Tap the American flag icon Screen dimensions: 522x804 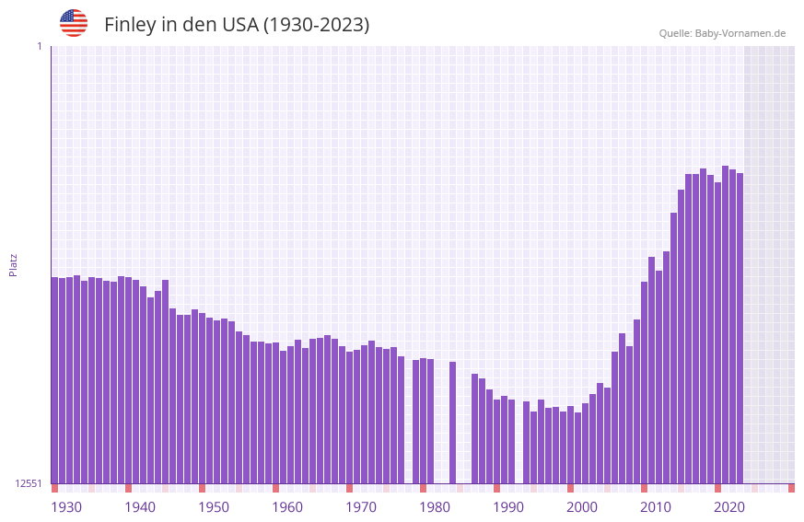(74, 23)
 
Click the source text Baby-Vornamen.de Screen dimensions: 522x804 (740, 33)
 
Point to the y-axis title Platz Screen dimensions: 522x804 (13, 264)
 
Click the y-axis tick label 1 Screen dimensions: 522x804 (39, 46)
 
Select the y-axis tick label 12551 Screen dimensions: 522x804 (29, 483)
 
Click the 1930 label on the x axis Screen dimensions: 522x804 (66, 507)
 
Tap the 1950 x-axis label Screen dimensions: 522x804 (214, 507)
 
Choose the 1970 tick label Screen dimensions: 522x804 (361, 507)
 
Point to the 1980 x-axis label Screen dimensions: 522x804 (435, 507)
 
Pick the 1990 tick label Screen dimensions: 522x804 (508, 507)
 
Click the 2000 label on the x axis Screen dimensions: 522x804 (582, 507)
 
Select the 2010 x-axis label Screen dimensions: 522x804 (656, 507)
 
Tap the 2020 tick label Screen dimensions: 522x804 (729, 507)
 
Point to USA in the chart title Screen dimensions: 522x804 (239, 25)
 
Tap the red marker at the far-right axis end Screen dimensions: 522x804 (791, 488)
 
